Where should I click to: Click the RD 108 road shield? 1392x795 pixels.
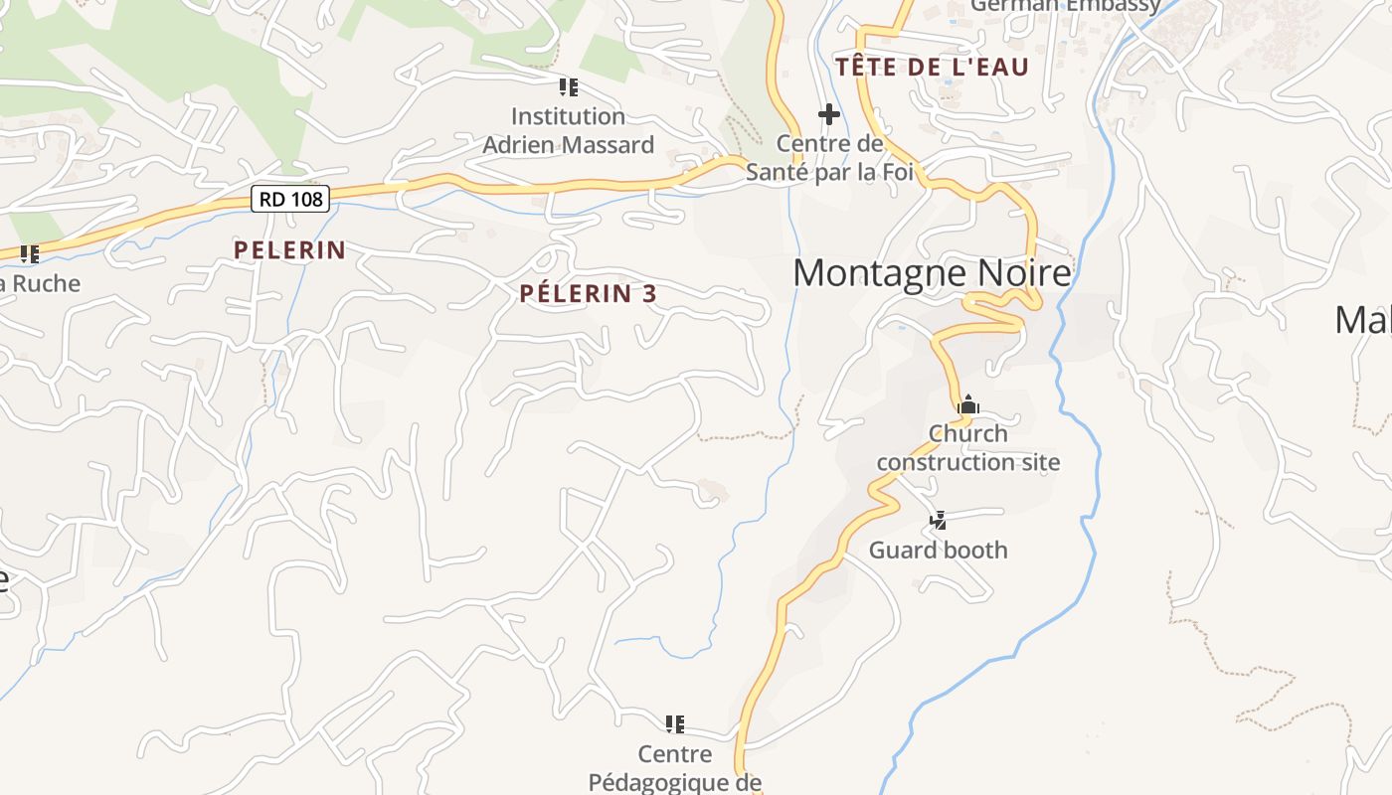[289, 199]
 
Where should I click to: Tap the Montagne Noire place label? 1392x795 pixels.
[932, 272]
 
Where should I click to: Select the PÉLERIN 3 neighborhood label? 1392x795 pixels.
[589, 293]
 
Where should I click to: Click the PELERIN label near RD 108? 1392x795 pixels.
[289, 250]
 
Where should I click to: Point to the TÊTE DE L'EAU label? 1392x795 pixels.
[932, 68]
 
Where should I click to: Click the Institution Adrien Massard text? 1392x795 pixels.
[568, 130]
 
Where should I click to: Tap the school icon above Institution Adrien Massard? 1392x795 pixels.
[568, 87]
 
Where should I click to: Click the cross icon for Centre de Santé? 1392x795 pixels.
[828, 115]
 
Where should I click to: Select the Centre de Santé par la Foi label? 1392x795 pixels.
[829, 158]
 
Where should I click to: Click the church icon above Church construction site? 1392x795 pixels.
[967, 404]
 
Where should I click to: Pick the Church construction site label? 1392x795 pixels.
[967, 447]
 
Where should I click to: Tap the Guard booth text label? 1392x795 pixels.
[938, 550]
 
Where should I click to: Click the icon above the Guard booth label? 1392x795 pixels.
[938, 519]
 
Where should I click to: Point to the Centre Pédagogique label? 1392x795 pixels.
[675, 768]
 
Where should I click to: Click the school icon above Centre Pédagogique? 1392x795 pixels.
[675, 723]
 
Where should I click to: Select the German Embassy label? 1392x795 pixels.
[1065, 6]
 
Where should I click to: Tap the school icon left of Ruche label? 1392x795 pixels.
[30, 254]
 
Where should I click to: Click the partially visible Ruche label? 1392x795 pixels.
[40, 283]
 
